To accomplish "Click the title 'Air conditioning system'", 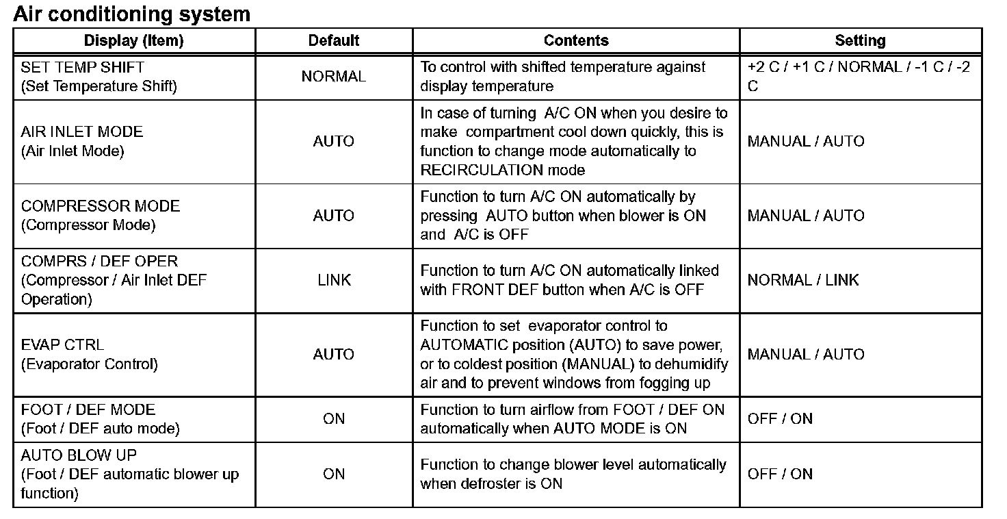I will (131, 14).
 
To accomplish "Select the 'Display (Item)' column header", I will (133, 40).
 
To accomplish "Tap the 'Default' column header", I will (334, 40).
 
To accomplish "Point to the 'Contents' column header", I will (576, 40).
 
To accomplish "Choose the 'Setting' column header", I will (860, 40).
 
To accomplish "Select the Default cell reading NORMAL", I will (334, 77).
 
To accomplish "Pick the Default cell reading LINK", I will (334, 280).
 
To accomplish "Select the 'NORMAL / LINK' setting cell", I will (803, 280).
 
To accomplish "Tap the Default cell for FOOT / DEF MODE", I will (334, 418).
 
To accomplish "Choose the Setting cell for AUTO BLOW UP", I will (780, 474).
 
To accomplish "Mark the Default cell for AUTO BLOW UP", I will (334, 474).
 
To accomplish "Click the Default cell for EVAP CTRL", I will (334, 354).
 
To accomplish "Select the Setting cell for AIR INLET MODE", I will (806, 141).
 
